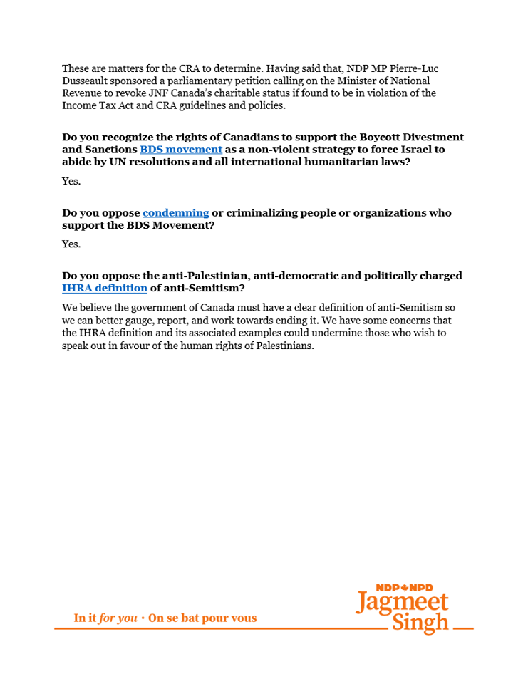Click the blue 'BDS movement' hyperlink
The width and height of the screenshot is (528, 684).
[x=181, y=150]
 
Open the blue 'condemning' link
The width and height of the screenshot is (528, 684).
[x=176, y=212]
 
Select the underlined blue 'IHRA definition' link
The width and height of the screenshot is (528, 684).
[x=105, y=288]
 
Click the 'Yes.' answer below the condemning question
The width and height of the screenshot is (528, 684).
[x=71, y=244]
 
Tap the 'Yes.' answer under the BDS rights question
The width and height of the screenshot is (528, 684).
[x=71, y=181]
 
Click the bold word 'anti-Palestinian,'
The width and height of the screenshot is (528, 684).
[x=202, y=275]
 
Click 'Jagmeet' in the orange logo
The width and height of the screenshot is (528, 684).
[x=402, y=603]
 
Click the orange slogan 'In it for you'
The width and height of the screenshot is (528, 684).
[x=105, y=618]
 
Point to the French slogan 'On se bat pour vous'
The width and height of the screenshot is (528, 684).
[x=202, y=618]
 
